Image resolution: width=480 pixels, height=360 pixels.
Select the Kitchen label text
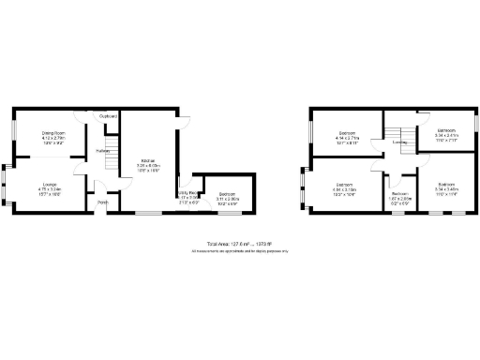click(x=148, y=159)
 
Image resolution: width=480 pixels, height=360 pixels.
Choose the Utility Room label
click(x=188, y=194)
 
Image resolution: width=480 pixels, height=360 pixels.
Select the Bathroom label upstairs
click(x=445, y=129)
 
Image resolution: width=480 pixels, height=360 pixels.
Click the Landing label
click(x=399, y=142)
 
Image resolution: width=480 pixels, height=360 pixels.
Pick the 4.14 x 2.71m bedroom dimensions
click(x=346, y=139)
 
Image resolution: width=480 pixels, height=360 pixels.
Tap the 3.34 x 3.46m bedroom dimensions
click(x=445, y=189)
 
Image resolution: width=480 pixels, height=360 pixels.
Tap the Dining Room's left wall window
click(x=13, y=132)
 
